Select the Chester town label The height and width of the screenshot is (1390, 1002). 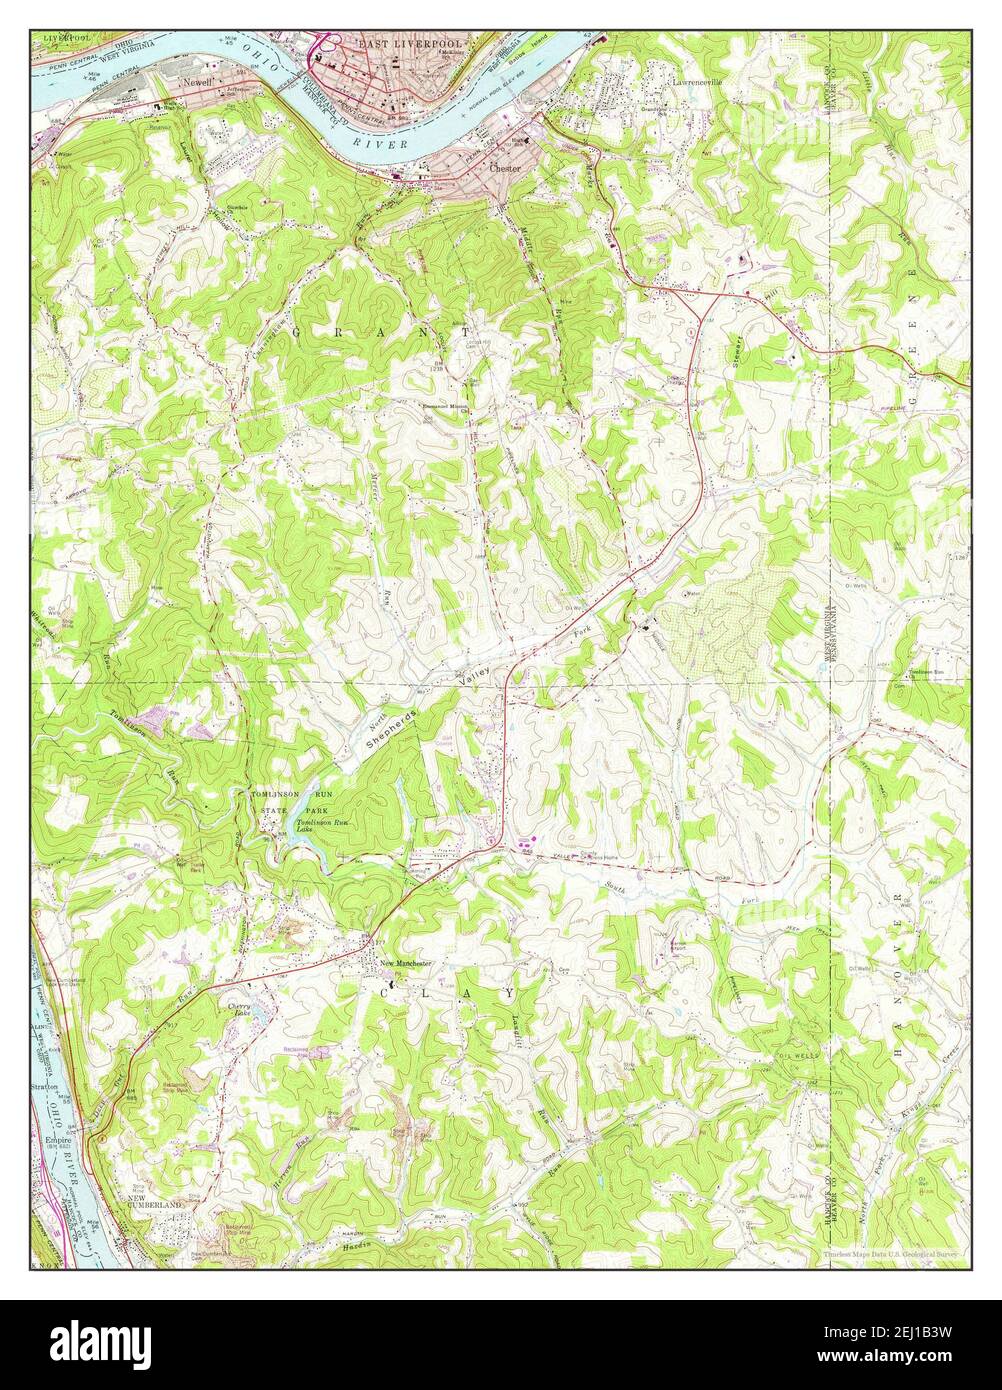pyautogui.click(x=505, y=169)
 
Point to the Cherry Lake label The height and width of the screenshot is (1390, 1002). pyautogui.click(x=241, y=1011)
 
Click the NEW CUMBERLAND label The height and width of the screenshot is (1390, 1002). pyautogui.click(x=155, y=1206)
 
